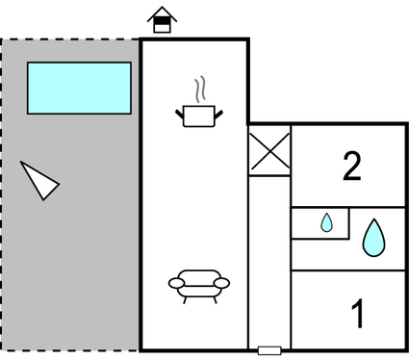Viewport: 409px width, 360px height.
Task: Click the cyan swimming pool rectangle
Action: coord(79,88)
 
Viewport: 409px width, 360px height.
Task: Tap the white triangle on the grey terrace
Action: coord(38,180)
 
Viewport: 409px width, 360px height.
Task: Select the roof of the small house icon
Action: coord(162,13)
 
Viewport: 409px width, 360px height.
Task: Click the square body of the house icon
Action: coord(162,26)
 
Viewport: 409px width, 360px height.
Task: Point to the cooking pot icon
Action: coord(199,116)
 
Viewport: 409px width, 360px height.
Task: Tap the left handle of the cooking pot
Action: coord(180,116)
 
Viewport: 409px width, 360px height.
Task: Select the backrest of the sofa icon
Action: coord(199,275)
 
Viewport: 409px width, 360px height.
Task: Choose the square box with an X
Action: coord(269,153)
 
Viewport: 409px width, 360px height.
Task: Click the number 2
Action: coord(352,167)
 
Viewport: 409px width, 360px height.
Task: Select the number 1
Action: coord(358,314)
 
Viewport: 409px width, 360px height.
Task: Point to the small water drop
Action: coord(326,223)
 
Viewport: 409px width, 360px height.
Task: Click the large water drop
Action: coord(372,238)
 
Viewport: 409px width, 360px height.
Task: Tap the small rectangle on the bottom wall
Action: coord(269,350)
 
